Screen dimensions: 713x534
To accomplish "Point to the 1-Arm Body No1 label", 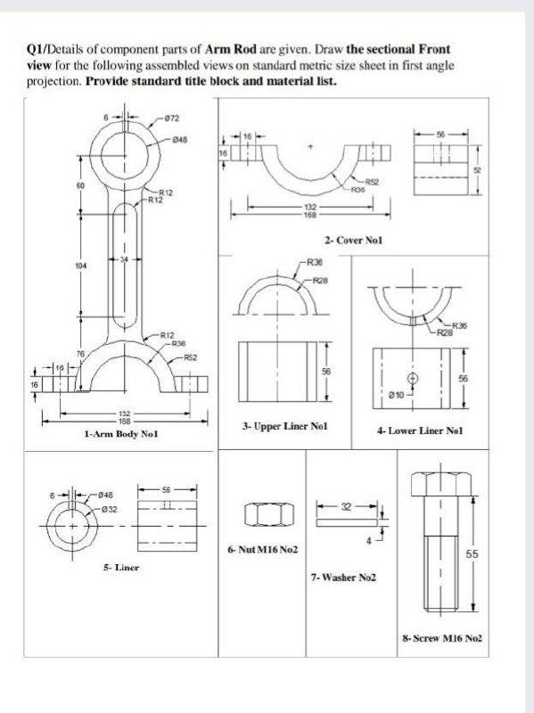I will pos(120,433).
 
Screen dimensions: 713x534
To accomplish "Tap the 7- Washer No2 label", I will pos(343,578).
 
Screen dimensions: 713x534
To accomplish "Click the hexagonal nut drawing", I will pos(265,514).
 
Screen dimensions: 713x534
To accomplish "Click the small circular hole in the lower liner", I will pos(412,377).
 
